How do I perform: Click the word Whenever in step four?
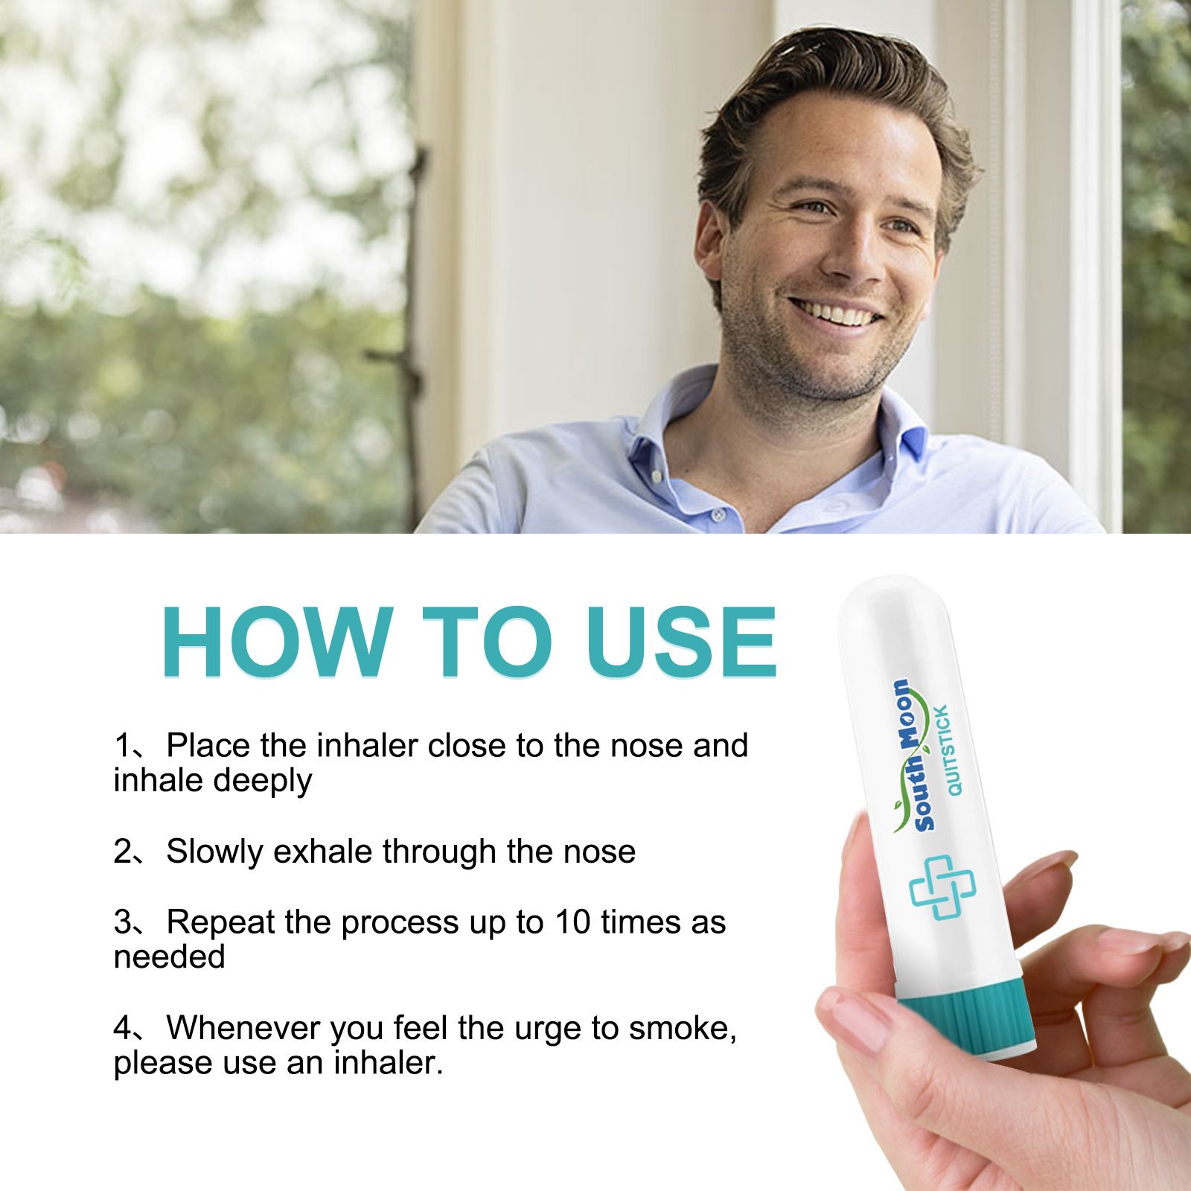pyautogui.click(x=244, y=1029)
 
